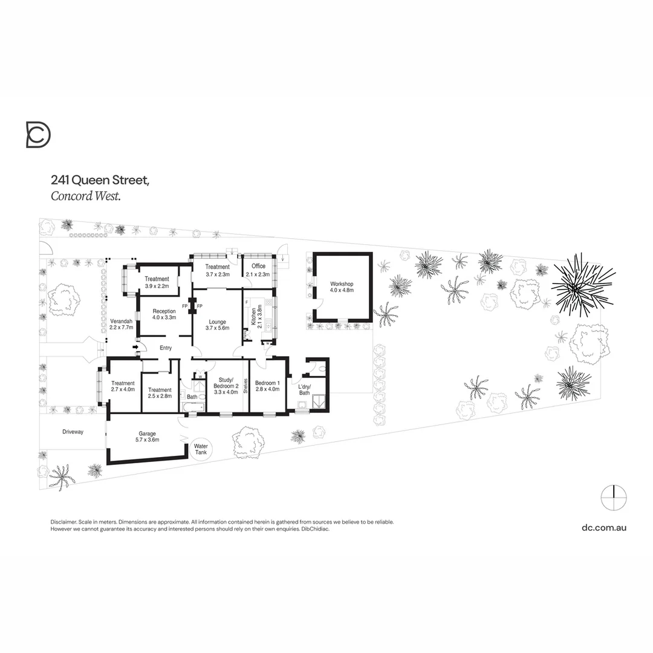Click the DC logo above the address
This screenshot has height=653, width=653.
click(38, 134)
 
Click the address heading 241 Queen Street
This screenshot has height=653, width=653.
click(100, 180)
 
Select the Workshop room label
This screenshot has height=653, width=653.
click(342, 287)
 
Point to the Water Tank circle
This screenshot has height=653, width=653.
click(200, 449)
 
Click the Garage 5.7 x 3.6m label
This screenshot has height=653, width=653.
click(148, 437)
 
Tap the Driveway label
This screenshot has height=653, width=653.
click(73, 432)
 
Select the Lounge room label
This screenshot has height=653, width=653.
click(217, 325)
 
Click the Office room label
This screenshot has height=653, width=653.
click(259, 270)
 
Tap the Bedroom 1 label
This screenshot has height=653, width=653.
click(267, 386)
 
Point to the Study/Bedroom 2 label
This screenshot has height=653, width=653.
click(226, 385)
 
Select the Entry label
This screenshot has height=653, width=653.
click(166, 348)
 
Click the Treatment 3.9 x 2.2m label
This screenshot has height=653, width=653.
click(157, 282)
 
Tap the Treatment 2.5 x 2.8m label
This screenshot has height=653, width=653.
click(160, 393)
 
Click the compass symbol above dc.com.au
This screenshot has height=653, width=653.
click(614, 498)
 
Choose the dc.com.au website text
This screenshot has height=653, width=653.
click(604, 527)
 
